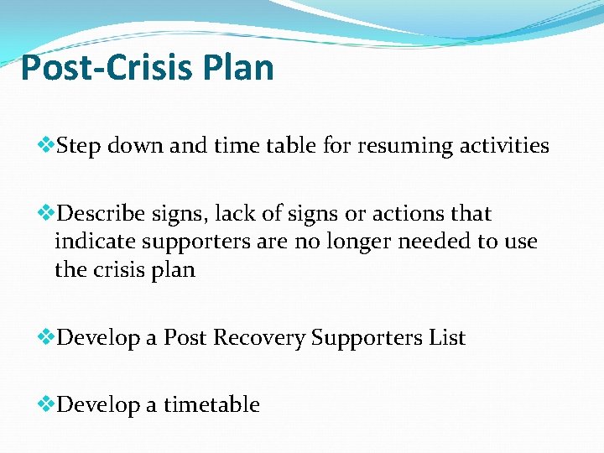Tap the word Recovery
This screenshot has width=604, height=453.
(x=259, y=338)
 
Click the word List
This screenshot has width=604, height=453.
(x=447, y=337)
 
